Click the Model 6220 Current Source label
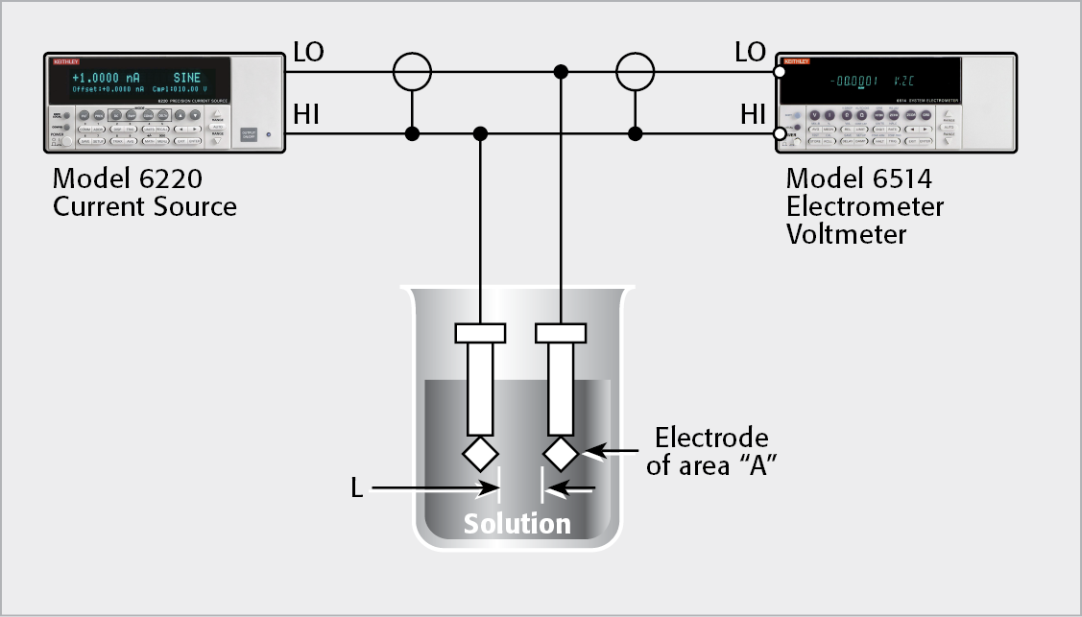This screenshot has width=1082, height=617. [144, 192]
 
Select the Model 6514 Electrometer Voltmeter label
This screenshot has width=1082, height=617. [864, 205]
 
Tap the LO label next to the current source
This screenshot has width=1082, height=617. [308, 53]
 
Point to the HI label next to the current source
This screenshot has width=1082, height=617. [305, 116]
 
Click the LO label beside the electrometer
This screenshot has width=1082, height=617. [750, 53]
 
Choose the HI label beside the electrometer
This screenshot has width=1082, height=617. [753, 116]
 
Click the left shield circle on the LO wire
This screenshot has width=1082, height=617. [412, 70]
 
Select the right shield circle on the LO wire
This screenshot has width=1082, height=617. [635, 70]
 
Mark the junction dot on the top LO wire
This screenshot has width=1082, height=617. [561, 70]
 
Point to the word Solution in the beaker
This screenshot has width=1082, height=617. [517, 524]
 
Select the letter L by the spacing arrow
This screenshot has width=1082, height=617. [356, 489]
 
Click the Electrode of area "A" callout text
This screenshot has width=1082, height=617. [711, 452]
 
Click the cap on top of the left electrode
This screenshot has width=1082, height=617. [480, 333]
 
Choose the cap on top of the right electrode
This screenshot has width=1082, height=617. [561, 333]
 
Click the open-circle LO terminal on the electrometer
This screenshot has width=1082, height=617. [780, 70]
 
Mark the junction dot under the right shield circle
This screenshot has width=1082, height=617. [635, 133]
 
